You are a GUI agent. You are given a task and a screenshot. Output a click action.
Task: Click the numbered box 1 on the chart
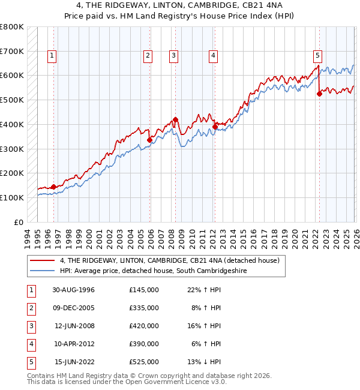[52, 56]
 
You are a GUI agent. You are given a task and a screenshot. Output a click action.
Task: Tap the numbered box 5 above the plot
[317, 56]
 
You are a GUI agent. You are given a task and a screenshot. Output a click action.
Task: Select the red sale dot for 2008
[175, 119]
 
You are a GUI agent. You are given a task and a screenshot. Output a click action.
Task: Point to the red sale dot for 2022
[319, 93]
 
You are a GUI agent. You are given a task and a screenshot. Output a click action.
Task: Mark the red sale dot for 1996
[53, 187]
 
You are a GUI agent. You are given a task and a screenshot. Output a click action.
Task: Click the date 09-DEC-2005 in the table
[74, 307]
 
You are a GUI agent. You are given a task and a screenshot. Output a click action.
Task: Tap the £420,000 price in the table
[144, 325]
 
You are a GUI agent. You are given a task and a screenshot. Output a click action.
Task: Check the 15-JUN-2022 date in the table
[74, 361]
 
